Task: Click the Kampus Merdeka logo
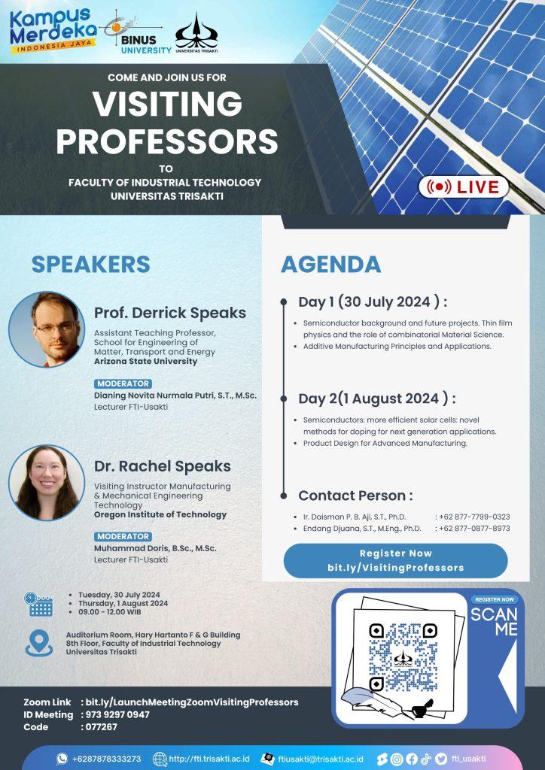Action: pyautogui.click(x=51, y=30)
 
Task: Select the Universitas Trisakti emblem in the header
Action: pyautogui.click(x=196, y=32)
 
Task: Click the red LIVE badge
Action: pyautogui.click(x=463, y=187)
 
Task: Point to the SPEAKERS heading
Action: pyautogui.click(x=91, y=264)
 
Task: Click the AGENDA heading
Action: pyautogui.click(x=330, y=264)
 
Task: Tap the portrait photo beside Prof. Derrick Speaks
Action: pyautogui.click(x=47, y=329)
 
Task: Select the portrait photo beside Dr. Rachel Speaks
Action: pyautogui.click(x=47, y=483)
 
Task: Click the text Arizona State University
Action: pyautogui.click(x=145, y=361)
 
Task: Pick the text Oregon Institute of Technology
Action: pyautogui.click(x=160, y=514)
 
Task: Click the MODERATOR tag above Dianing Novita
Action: pyautogui.click(x=123, y=383)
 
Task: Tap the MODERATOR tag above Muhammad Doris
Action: pyautogui.click(x=123, y=536)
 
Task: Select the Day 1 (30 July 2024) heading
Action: pyautogui.click(x=373, y=302)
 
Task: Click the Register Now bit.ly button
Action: pyautogui.click(x=396, y=560)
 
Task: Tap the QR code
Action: pyautogui.click(x=403, y=657)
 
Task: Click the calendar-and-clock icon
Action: pyautogui.click(x=38, y=604)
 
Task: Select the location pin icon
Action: pyautogui.click(x=39, y=643)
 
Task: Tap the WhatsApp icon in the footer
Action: pyautogui.click(x=62, y=759)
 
